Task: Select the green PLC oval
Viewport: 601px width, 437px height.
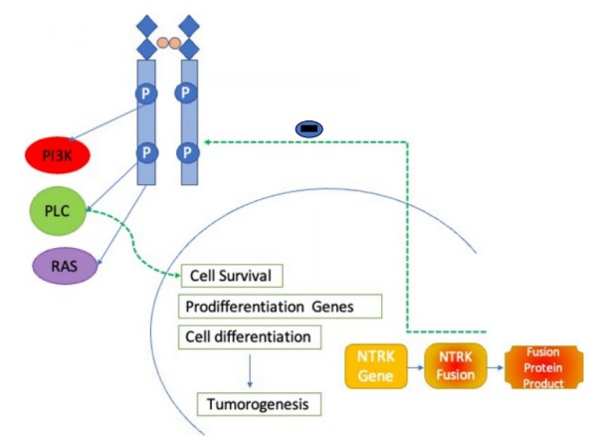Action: tap(58, 210)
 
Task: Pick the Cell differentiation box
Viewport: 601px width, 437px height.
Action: tap(249, 336)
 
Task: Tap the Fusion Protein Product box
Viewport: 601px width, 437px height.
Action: tap(542, 366)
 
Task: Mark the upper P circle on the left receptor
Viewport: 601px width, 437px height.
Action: tap(147, 95)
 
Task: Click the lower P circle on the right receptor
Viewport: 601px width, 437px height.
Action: tap(186, 152)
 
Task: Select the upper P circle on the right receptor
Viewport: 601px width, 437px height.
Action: tap(186, 95)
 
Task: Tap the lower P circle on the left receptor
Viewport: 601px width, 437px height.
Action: tap(147, 152)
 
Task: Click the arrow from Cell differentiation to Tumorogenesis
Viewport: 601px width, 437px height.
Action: tap(249, 371)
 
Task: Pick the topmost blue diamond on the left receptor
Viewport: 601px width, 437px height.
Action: tap(147, 21)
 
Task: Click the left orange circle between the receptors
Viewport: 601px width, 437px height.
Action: tap(160, 43)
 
